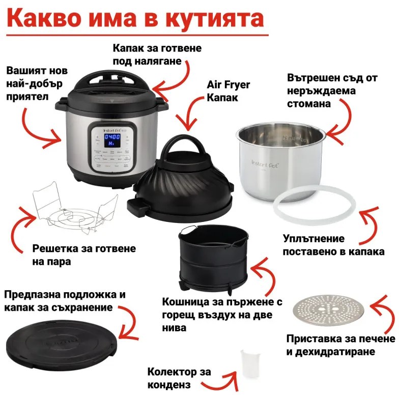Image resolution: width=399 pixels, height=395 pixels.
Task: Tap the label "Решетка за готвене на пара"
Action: pos(84,255)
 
